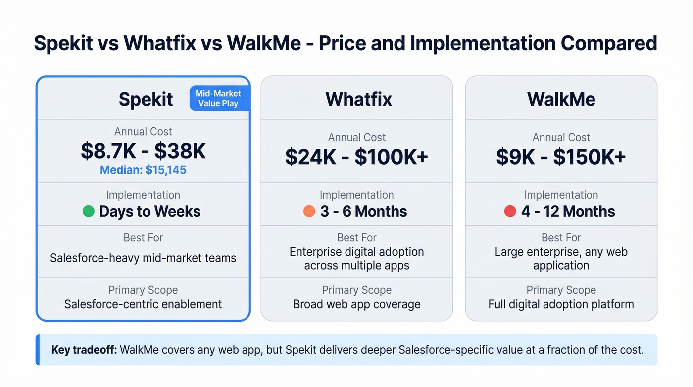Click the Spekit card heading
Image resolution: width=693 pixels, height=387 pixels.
pyautogui.click(x=146, y=99)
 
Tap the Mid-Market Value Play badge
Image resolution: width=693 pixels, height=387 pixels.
pyautogui.click(x=218, y=98)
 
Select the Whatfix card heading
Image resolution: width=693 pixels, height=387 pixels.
pyautogui.click(x=358, y=99)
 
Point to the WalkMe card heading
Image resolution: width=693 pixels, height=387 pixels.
pyautogui.click(x=561, y=99)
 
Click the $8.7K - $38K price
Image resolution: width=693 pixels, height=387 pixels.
pyautogui.click(x=143, y=151)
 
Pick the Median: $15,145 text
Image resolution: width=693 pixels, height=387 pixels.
pyautogui.click(x=143, y=170)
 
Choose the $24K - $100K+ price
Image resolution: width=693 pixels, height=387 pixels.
pyautogui.click(x=356, y=157)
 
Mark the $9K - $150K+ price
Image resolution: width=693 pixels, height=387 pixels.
pyautogui.click(x=561, y=157)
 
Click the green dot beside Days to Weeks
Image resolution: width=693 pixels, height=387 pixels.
pyautogui.click(x=88, y=211)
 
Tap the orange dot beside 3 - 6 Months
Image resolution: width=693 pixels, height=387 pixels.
pyautogui.click(x=309, y=211)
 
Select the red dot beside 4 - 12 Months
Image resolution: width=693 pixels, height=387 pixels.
pyautogui.click(x=510, y=211)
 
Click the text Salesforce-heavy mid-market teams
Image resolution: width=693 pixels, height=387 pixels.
pyautogui.click(x=143, y=258)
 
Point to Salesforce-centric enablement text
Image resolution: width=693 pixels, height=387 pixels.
pyautogui.click(x=143, y=304)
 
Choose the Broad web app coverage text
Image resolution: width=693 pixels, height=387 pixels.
pyautogui.click(x=356, y=304)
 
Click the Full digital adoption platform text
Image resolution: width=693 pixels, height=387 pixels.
pyautogui.click(x=561, y=304)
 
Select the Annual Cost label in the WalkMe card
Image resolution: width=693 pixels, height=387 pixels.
pyautogui.click(x=561, y=137)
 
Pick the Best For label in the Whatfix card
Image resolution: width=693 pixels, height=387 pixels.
pyautogui.click(x=356, y=238)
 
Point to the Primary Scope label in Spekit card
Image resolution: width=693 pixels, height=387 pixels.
pyautogui.click(x=143, y=290)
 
